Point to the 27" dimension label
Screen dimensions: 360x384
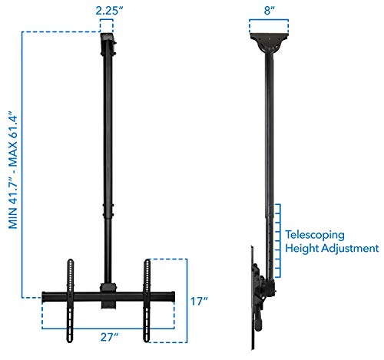point(108,335)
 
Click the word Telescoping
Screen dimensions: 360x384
point(315,236)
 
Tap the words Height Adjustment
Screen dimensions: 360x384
point(331,249)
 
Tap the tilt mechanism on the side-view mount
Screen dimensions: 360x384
point(265,288)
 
